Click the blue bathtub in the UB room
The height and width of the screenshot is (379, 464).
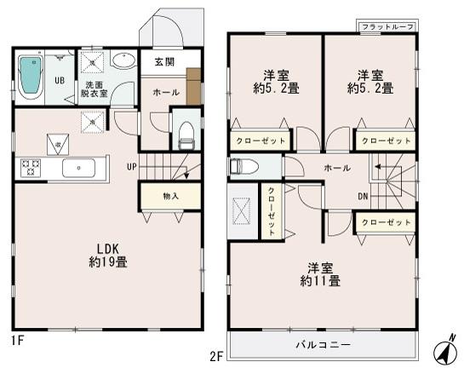(31, 77)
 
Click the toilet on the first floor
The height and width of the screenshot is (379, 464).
(185, 131)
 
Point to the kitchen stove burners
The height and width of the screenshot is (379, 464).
(31, 168)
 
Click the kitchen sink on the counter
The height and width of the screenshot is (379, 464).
(77, 168)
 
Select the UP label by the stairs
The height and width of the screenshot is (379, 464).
(132, 166)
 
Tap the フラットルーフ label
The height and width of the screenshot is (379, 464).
(387, 28)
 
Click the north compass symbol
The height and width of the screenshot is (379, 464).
(444, 350)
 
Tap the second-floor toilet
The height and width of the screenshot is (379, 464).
(242, 166)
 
